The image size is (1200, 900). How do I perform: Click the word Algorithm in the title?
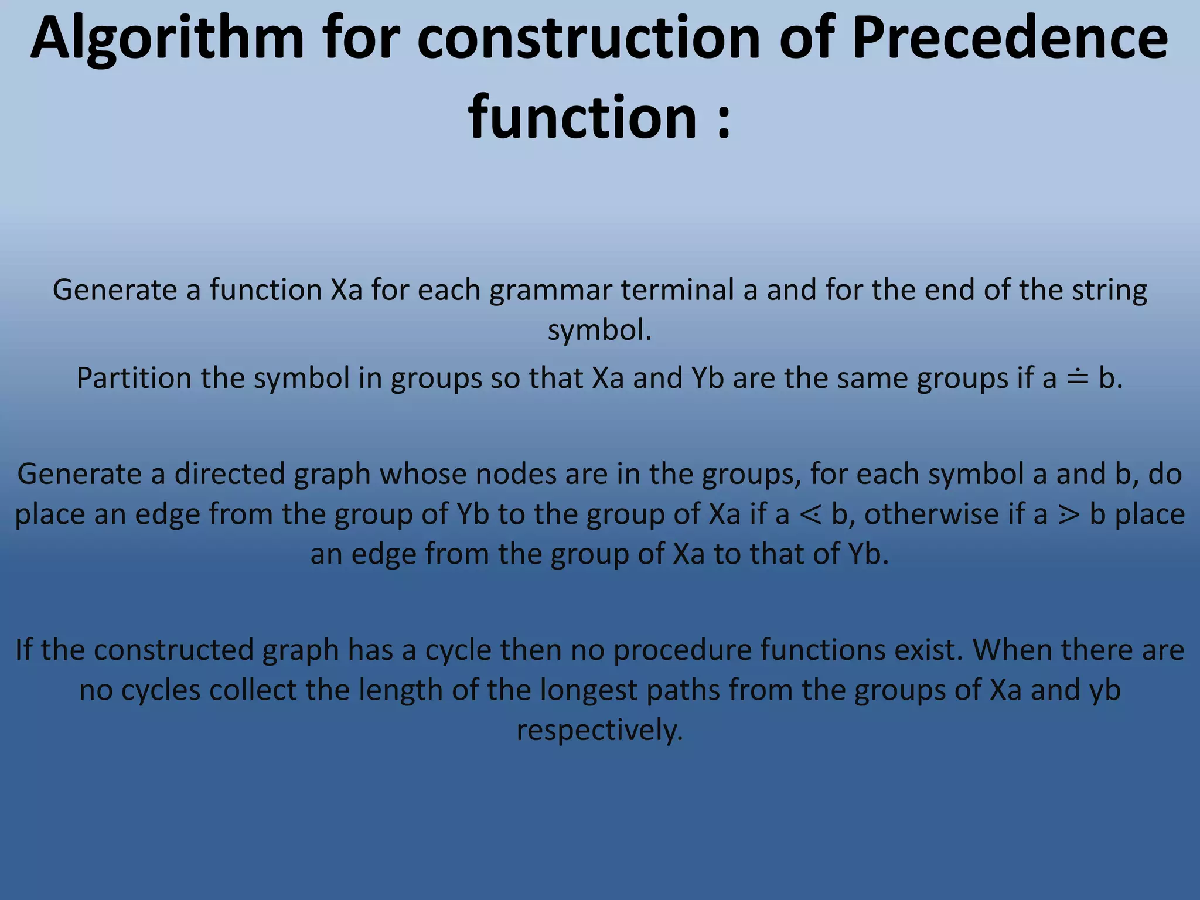click(x=167, y=39)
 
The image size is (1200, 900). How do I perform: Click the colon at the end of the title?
click(x=724, y=119)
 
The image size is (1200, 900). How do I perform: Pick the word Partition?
click(x=134, y=378)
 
